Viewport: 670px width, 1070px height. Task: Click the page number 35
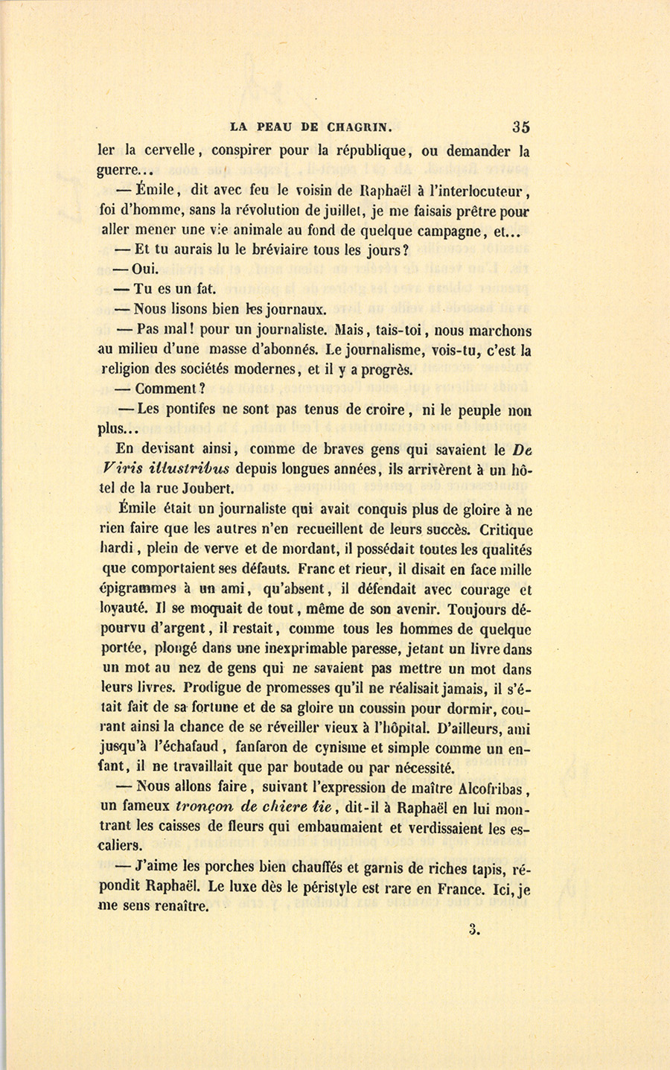pyautogui.click(x=520, y=127)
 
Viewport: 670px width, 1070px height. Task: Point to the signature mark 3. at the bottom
pyautogui.click(x=477, y=929)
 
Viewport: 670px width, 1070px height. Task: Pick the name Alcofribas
pyautogui.click(x=486, y=787)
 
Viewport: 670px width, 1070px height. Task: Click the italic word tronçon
pyautogui.click(x=204, y=807)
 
